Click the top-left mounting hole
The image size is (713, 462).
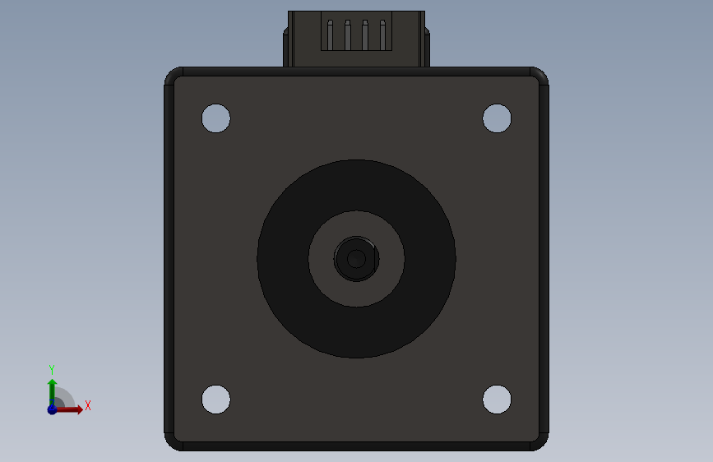click(216, 118)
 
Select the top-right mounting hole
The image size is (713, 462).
click(497, 118)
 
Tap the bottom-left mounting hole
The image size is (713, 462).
click(216, 400)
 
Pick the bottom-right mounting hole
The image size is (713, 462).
click(497, 400)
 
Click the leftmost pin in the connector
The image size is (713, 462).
click(330, 35)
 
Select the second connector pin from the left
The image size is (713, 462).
click(347, 35)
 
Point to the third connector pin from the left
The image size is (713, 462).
click(365, 35)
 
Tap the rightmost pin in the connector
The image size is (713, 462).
click(382, 35)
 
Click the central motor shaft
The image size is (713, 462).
click(357, 259)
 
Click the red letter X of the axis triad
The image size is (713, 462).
click(88, 405)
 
